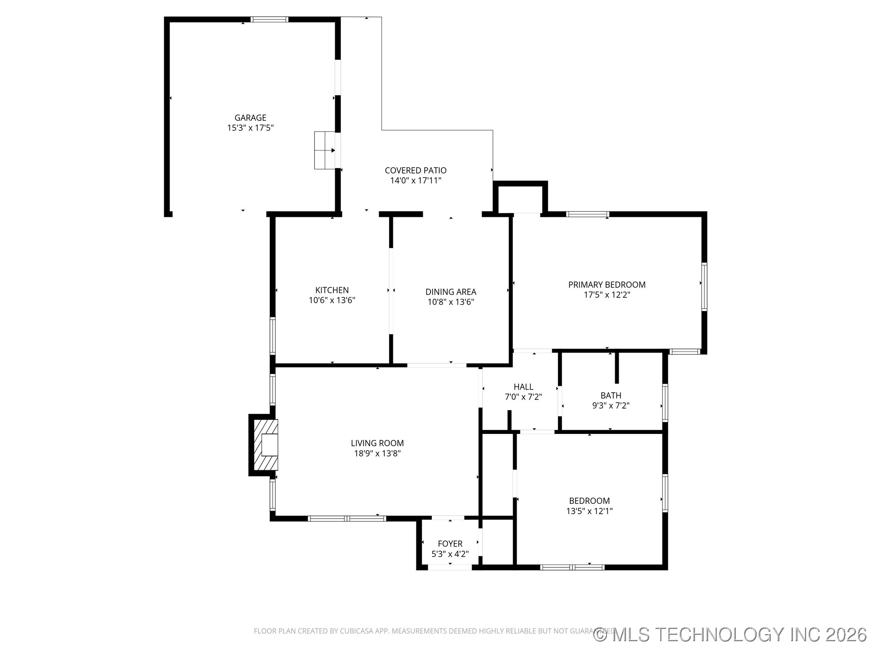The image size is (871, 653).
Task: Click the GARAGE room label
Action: point(250,118)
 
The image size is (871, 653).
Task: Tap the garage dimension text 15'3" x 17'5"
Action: point(250,128)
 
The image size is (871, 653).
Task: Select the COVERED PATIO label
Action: point(416,171)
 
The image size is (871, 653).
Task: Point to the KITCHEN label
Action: point(332,290)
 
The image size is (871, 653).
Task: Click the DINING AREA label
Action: point(451,292)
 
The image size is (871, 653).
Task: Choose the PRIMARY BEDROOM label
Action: point(607,285)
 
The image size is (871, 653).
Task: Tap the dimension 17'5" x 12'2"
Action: point(607,295)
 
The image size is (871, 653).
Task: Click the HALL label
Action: point(524,387)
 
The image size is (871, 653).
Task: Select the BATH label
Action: point(611,395)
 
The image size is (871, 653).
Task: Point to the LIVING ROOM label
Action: point(377,443)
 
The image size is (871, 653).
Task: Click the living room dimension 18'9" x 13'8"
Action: point(377,453)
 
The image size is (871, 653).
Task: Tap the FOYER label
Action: point(450,544)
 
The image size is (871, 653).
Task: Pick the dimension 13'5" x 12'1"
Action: point(589,511)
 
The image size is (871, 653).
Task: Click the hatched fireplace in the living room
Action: point(265,445)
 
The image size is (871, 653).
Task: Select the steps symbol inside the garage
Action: point(325,151)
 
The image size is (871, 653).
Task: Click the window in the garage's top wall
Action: point(269,19)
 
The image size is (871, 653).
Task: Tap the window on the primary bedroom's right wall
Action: point(704,287)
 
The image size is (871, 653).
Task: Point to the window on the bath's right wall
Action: point(665,403)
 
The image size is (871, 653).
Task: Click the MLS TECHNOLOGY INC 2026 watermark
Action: point(730,634)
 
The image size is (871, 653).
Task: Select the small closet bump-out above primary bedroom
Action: point(520,198)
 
